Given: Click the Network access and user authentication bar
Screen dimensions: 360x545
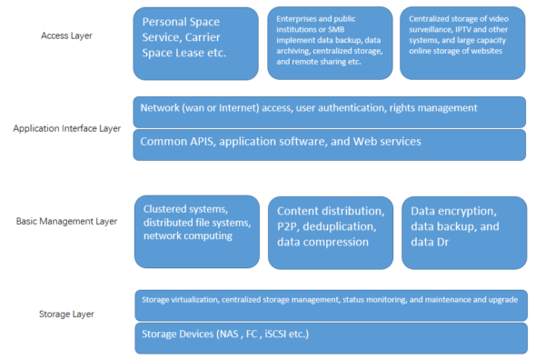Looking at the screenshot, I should [329, 111].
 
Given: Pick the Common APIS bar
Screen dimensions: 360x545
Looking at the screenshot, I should [329, 144].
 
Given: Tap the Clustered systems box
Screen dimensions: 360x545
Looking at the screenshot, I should [194, 233].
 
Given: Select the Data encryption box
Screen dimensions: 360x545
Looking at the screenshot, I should [462, 233].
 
